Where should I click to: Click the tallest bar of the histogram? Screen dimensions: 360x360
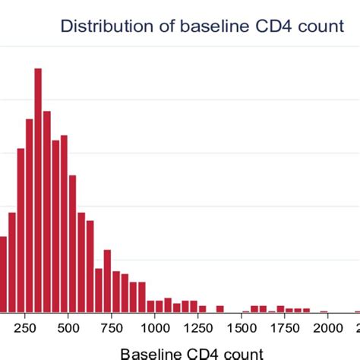pyautogui.click(x=36, y=190)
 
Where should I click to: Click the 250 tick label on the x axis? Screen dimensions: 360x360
pyautogui.click(x=25, y=327)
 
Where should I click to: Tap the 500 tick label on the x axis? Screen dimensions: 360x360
pyautogui.click(x=68, y=327)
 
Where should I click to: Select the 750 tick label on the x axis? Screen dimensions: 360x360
pyautogui.click(x=112, y=327)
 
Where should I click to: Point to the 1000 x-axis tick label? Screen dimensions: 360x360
pyautogui.click(x=155, y=327)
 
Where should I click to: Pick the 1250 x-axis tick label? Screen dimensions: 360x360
pyautogui.click(x=198, y=327)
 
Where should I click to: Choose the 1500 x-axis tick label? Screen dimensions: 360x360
pyautogui.click(x=242, y=327)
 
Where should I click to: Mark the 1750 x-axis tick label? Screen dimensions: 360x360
pyautogui.click(x=285, y=327)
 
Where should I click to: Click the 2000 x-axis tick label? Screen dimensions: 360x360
pyautogui.click(x=328, y=327)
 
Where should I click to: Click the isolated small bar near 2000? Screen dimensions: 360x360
pyautogui.click(x=324, y=311)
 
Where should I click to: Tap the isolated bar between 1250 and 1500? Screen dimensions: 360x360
pyautogui.click(x=219, y=308)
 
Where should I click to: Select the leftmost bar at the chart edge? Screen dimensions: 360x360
pyautogui.click(x=3, y=274)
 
